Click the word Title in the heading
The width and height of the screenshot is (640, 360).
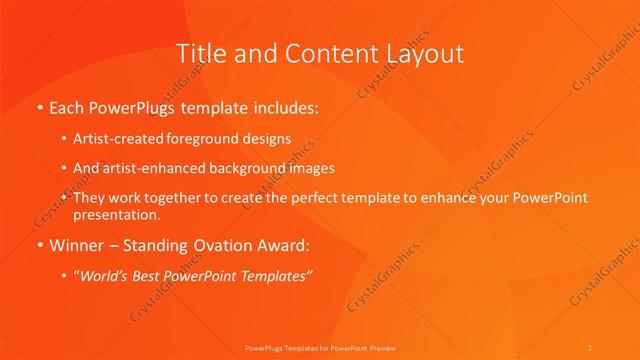(x=199, y=53)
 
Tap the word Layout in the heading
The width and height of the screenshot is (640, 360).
(x=422, y=53)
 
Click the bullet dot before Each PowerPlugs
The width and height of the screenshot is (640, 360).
(x=39, y=107)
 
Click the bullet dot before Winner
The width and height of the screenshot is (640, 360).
(x=39, y=245)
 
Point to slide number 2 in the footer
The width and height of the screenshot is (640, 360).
(x=590, y=347)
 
